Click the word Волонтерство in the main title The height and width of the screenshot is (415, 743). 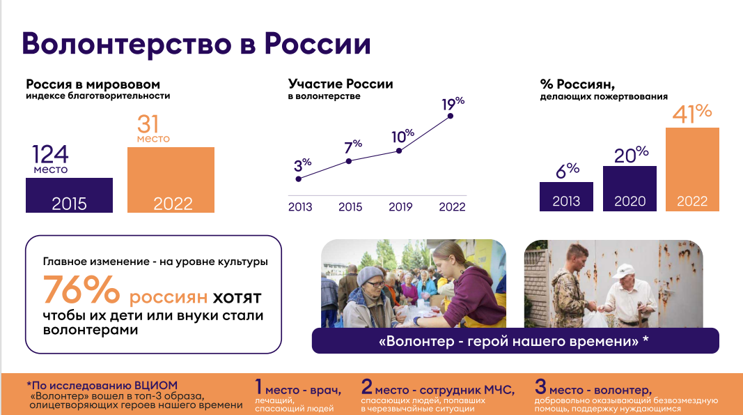pos(127,44)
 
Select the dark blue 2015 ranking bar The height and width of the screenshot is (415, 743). pos(69,195)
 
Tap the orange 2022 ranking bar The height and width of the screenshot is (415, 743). pos(171,180)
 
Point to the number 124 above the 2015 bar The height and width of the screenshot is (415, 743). pos(50,154)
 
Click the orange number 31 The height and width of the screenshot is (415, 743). pos(148,124)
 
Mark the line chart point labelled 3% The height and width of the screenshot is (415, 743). pos(299,179)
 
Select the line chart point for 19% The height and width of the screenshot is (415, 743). pos(450,116)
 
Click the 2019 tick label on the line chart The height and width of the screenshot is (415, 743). pos(400,207)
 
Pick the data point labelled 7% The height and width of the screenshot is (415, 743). pos(349,161)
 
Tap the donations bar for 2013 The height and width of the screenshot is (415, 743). pos(566,197)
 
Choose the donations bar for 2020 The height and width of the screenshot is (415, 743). pos(629,188)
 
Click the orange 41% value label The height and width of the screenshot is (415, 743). pos(692,114)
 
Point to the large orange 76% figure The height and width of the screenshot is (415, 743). pos(81,289)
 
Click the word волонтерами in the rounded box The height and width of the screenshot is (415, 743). pos(91,330)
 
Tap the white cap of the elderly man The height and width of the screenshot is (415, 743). pos(624,271)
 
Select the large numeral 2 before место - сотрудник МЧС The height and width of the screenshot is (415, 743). pos(367,386)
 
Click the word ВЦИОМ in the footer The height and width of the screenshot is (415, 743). pos(156,386)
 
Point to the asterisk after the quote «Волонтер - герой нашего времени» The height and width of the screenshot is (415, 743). pos(646,339)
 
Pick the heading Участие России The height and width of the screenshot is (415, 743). pos(341,84)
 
